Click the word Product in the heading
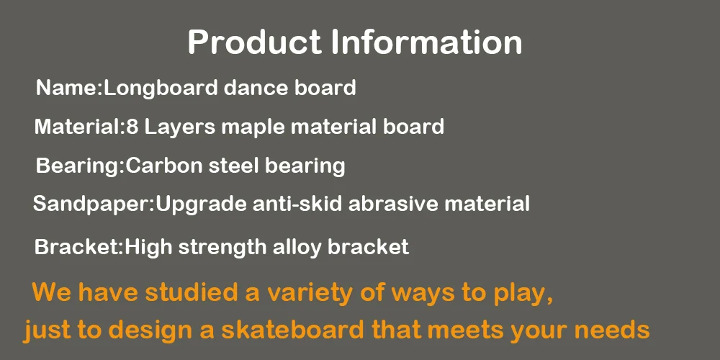tap(254, 42)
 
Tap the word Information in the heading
tap(426, 42)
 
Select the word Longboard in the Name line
tap(161, 88)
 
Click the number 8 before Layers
tap(132, 127)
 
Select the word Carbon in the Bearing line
tap(164, 166)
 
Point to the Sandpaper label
tap(92, 204)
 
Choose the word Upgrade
tap(201, 204)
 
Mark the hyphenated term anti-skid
tap(297, 204)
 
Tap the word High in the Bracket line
tap(148, 248)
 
